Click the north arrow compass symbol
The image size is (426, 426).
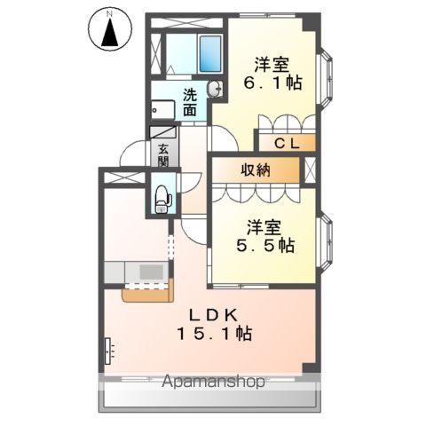tap(110, 31)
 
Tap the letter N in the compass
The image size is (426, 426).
tap(110, 13)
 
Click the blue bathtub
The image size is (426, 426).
tap(210, 54)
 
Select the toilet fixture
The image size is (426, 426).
tap(162, 199)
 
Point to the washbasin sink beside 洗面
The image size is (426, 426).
tap(215, 89)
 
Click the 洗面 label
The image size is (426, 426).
tap(189, 103)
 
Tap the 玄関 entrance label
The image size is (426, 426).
tap(163, 154)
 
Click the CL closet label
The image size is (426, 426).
tap(287, 144)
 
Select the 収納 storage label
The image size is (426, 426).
tap(256, 170)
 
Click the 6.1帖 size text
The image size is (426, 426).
tap(272, 83)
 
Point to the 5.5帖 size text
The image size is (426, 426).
tap(265, 245)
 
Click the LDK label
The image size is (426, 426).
tap(213, 315)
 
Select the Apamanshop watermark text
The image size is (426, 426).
tap(213, 382)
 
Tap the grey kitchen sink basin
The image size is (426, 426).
tap(151, 272)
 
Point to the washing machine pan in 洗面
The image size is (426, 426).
tap(162, 110)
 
